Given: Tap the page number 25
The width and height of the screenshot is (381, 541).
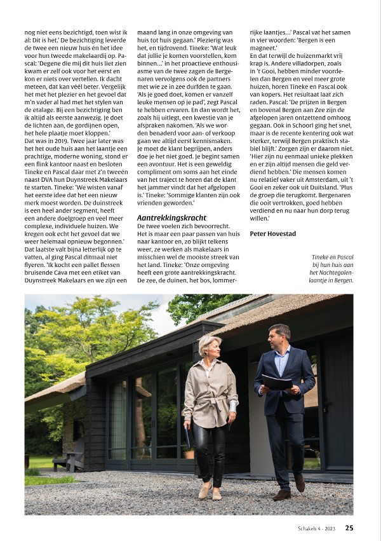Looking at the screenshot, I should point(350,528).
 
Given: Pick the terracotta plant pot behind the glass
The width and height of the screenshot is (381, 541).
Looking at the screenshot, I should point(189,453).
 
